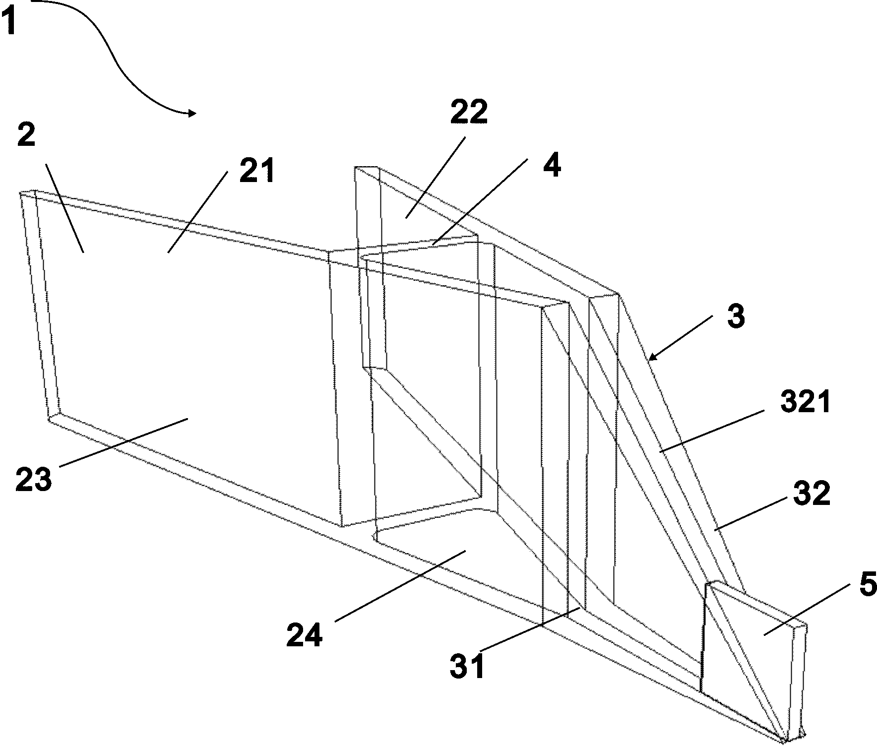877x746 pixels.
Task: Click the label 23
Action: pos(33,479)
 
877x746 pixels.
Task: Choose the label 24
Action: pos(305,634)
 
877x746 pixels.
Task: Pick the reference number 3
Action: pos(736,316)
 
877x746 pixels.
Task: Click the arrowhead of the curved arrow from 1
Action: pos(191,114)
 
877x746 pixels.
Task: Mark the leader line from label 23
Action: pos(124,442)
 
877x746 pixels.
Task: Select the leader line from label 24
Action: pos(399,586)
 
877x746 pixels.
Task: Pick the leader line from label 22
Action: pos(436,177)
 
